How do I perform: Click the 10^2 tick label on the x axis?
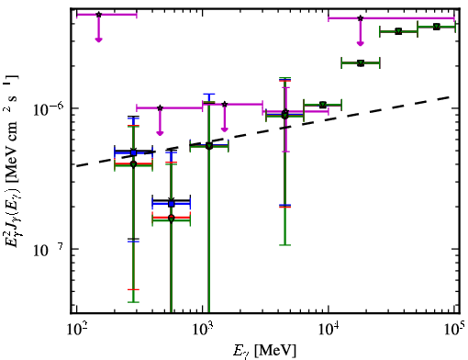tap(76, 330)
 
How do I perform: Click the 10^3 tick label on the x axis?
tap(203, 330)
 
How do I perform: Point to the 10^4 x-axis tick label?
tap(329, 330)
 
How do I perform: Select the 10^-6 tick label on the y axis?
tap(48, 109)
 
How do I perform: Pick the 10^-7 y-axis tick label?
tap(48, 250)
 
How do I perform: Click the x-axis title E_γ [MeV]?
tap(264, 351)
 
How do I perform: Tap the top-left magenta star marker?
tap(98, 15)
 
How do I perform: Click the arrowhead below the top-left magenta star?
tap(98, 39)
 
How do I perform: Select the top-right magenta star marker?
tap(361, 18)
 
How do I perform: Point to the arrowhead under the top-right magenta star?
tap(361, 43)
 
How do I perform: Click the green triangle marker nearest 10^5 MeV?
tap(437, 27)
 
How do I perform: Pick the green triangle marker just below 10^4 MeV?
tap(322, 105)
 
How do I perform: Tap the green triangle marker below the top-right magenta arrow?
tap(361, 63)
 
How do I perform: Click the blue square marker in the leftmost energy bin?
tap(133, 152)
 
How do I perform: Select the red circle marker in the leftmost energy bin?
tap(133, 163)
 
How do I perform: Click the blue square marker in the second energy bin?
tap(172, 204)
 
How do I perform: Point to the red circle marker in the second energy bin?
tap(172, 218)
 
